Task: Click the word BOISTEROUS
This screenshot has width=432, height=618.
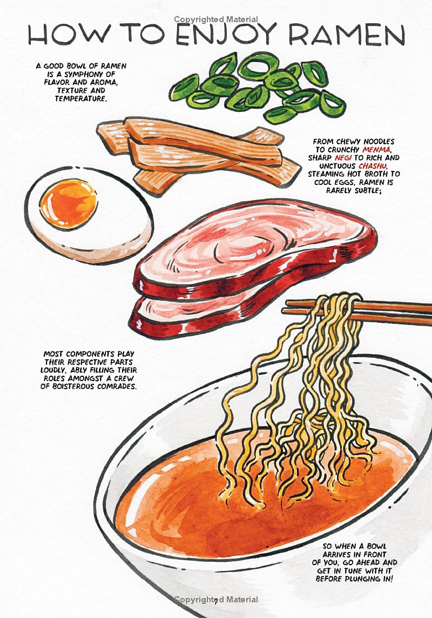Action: tap(80, 387)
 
